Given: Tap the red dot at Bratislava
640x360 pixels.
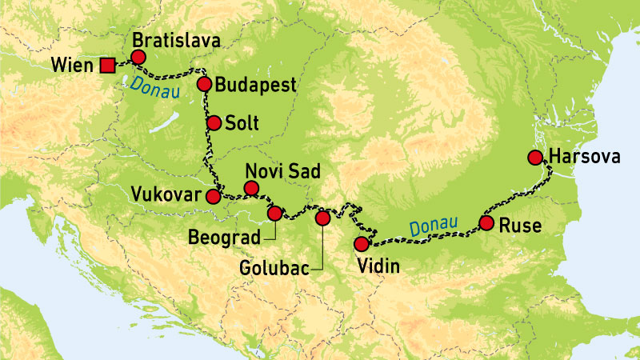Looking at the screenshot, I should [138, 57].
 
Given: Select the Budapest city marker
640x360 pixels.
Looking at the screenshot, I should [204, 82].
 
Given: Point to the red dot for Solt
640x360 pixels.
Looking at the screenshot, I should [214, 123].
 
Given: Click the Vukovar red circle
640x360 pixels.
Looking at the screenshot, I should [213, 196].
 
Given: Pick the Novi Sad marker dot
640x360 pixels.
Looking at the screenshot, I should [251, 188].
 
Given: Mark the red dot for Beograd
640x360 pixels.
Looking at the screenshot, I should [274, 213].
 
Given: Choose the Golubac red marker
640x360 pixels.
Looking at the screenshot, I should [322, 218].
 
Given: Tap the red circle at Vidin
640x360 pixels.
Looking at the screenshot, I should [362, 244].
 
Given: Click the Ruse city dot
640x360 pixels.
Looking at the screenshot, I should [486, 223].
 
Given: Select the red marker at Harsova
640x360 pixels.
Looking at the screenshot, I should [535, 157].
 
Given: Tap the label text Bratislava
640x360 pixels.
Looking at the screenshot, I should [177, 40].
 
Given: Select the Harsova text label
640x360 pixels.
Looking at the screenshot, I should [584, 158].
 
